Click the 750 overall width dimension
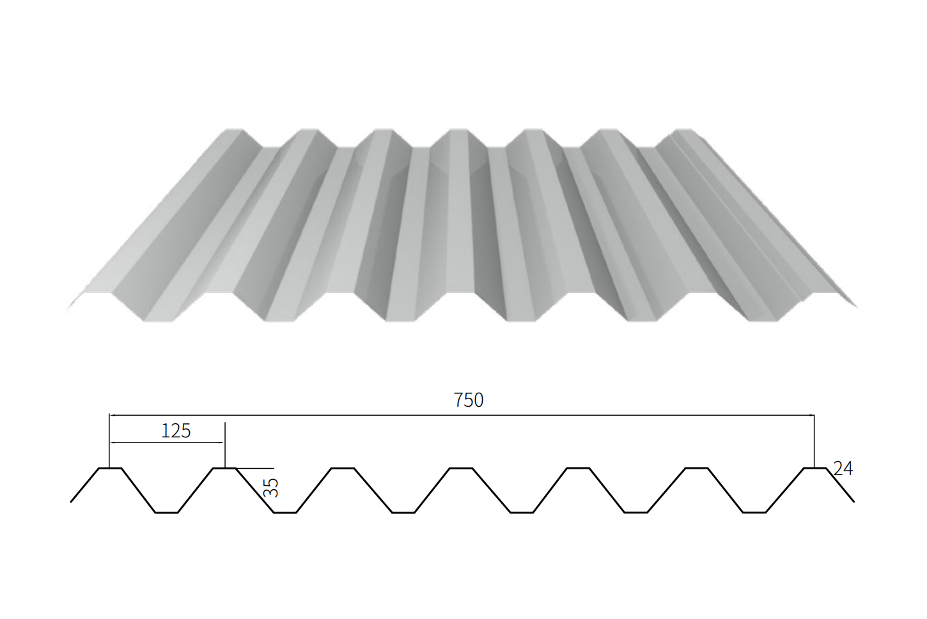[x=468, y=400]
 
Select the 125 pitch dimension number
[x=176, y=431]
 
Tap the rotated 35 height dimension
[x=271, y=488]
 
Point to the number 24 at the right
[x=843, y=469]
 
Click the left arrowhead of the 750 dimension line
[x=112, y=416]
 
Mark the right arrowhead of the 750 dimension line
[x=811, y=416]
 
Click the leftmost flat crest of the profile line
[x=109, y=469]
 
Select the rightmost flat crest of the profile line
[x=814, y=469]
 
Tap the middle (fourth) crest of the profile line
[x=460, y=469]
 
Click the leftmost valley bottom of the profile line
[x=166, y=512]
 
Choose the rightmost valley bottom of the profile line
[x=754, y=512]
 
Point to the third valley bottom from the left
[x=403, y=512]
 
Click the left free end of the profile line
[x=71, y=501]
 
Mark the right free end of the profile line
[x=853, y=501]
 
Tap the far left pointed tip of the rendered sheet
[x=68, y=310]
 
